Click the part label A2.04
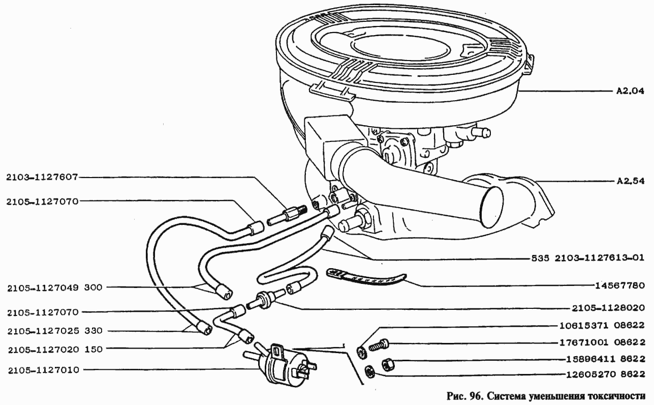coord(630,91)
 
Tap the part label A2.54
coord(630,181)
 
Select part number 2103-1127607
coord(42,177)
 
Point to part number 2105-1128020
coord(608,308)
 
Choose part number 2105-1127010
coord(44,370)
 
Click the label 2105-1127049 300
coord(55,288)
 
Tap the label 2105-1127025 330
coord(55,331)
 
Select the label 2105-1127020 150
coord(55,350)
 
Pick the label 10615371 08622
coord(602,326)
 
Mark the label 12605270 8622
coord(606,374)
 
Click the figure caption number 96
coord(475,396)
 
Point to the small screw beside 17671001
coord(379,345)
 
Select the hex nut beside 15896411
coord(388,365)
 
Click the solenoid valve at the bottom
coord(279,362)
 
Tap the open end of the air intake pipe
coord(492,207)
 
